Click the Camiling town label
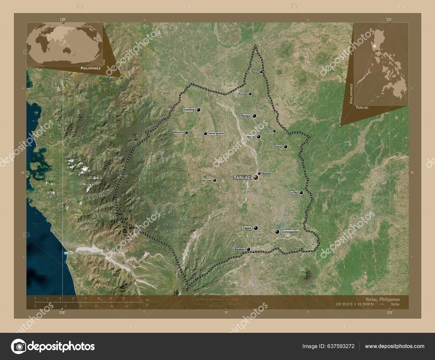pyautogui.click(x=189, y=110)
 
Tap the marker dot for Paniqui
pyautogui.click(x=254, y=116)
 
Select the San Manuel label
pyautogui.click(x=253, y=72)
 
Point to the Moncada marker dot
pyautogui.click(x=250, y=94)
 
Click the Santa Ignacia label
pyautogui.click(x=216, y=134)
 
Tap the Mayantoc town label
pyautogui.click(x=179, y=133)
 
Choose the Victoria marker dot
pyautogui.click(x=285, y=147)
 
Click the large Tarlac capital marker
pyautogui.click(x=256, y=178)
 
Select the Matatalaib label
pyautogui.click(x=267, y=173)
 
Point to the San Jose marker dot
pyautogui.click(x=215, y=180)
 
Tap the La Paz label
pyautogui.click(x=294, y=193)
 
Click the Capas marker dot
pyautogui.click(x=256, y=228)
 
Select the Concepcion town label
pyautogui.click(x=290, y=232)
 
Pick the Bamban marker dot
pyautogui.click(x=248, y=249)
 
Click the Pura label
pyautogui.click(x=269, y=131)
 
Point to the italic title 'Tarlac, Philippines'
pyautogui.click(x=383, y=299)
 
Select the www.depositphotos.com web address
pyautogui.click(x=394, y=346)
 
